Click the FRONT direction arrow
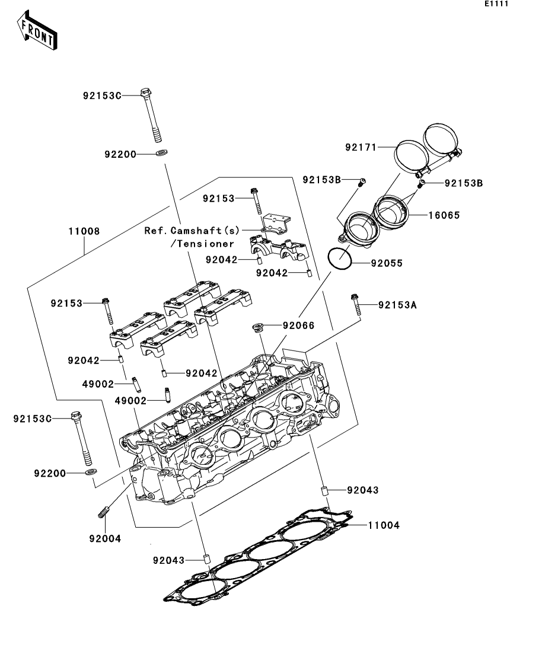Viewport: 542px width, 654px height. tap(37, 31)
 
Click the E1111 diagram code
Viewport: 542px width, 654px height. tap(496, 4)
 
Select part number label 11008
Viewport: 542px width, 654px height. tap(84, 231)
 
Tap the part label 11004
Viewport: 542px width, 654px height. tap(384, 525)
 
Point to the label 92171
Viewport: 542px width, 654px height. tap(361, 147)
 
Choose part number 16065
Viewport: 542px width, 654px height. tap(444, 215)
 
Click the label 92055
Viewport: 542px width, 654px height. tap(387, 263)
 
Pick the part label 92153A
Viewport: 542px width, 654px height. tap(397, 305)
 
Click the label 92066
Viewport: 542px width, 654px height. tap(298, 326)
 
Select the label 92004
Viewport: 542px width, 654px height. tap(105, 539)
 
